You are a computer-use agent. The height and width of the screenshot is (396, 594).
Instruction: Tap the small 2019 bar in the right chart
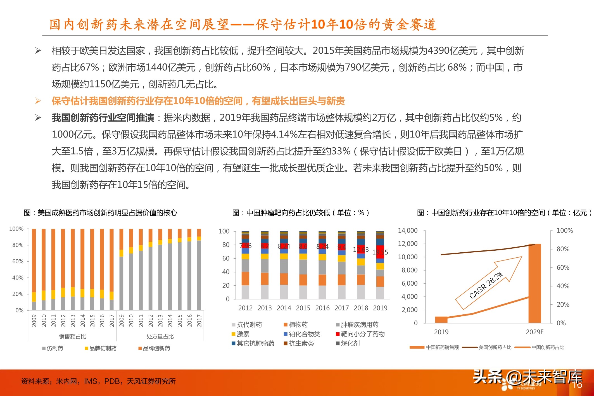(441, 320)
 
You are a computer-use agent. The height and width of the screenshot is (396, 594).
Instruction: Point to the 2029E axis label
(534, 332)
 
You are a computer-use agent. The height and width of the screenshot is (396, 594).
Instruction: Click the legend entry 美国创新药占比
(495, 347)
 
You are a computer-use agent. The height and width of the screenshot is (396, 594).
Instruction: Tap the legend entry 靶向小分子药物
(362, 334)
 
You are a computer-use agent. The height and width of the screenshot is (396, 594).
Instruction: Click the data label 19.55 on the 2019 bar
(380, 252)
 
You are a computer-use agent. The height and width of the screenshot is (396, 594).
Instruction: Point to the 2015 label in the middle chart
(303, 308)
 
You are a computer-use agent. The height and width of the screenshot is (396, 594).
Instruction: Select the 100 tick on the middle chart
(224, 231)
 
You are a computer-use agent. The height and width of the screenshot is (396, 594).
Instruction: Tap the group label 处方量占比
(160, 336)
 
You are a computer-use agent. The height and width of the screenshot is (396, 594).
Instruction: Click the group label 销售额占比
(73, 336)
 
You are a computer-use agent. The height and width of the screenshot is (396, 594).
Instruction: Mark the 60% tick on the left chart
(18, 261)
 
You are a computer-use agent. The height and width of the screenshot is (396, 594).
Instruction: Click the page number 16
(577, 385)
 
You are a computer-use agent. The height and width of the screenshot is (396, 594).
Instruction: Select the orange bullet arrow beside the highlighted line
(38, 101)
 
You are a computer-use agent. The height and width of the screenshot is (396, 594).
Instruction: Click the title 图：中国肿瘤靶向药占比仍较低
(300, 213)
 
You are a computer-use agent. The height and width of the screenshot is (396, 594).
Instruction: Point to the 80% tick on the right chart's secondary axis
(563, 249)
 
